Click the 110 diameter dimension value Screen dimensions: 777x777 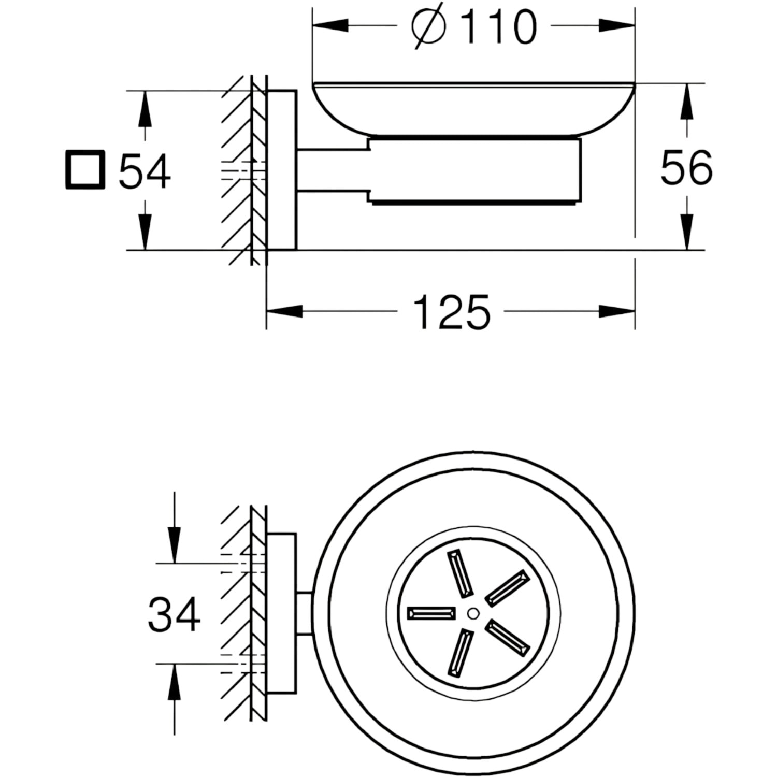pos(498,27)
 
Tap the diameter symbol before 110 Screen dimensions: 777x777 pos(429,26)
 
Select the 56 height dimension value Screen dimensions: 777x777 pos(686,167)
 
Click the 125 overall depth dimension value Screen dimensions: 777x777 pos(451,312)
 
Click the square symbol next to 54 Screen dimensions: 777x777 pos(85,170)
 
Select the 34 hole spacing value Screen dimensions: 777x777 pos(174,614)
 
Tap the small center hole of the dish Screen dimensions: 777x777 pos(472,613)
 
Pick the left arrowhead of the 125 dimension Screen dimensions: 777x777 pos(284,311)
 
